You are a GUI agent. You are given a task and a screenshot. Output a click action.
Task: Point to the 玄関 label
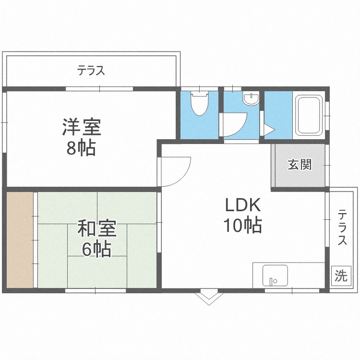pyautogui.click(x=300, y=165)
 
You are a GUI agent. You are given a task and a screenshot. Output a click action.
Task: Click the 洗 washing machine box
pyautogui.click(x=340, y=276)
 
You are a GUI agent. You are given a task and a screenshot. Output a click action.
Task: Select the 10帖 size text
pyautogui.click(x=243, y=225)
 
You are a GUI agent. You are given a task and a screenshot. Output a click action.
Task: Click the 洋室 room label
pyautogui.click(x=81, y=128)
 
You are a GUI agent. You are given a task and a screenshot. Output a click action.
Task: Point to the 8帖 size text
pyautogui.click(x=81, y=148)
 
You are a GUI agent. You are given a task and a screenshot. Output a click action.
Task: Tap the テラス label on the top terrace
pyautogui.click(x=91, y=71)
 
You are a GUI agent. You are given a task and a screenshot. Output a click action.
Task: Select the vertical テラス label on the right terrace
pyautogui.click(x=342, y=227)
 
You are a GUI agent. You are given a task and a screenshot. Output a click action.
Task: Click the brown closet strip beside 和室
pyautogui.click(x=20, y=240)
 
